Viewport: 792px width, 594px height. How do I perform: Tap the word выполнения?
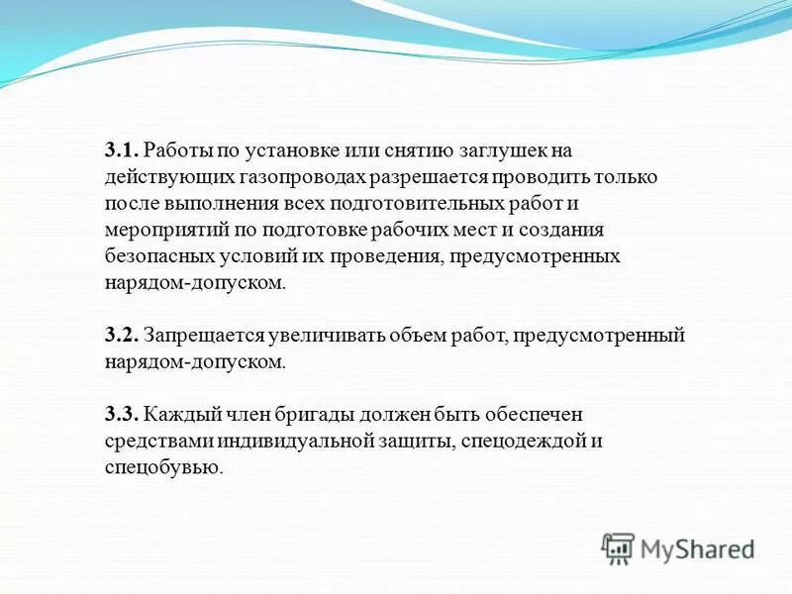206,204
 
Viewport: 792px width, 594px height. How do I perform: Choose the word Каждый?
176,413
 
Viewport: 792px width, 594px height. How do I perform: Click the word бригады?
317,413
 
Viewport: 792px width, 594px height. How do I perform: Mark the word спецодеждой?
526,440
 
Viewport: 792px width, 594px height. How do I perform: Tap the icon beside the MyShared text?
619,548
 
